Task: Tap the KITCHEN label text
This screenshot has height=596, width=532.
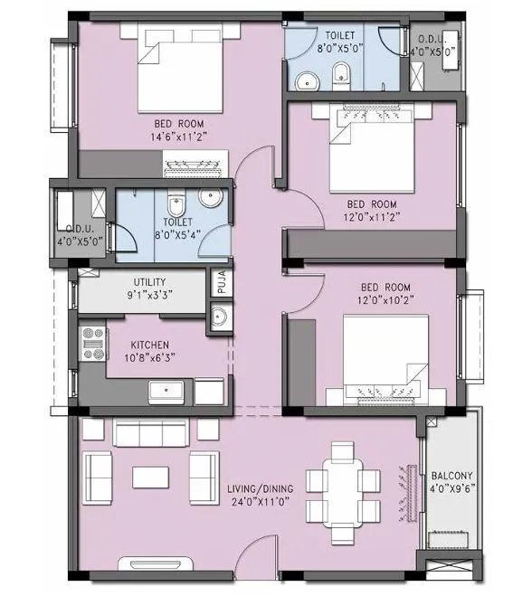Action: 148,345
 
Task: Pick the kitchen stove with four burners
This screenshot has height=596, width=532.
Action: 93,343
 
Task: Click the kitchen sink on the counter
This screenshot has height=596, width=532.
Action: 167,393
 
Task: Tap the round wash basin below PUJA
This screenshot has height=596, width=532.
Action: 218,317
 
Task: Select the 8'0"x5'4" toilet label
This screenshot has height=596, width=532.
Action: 177,226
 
